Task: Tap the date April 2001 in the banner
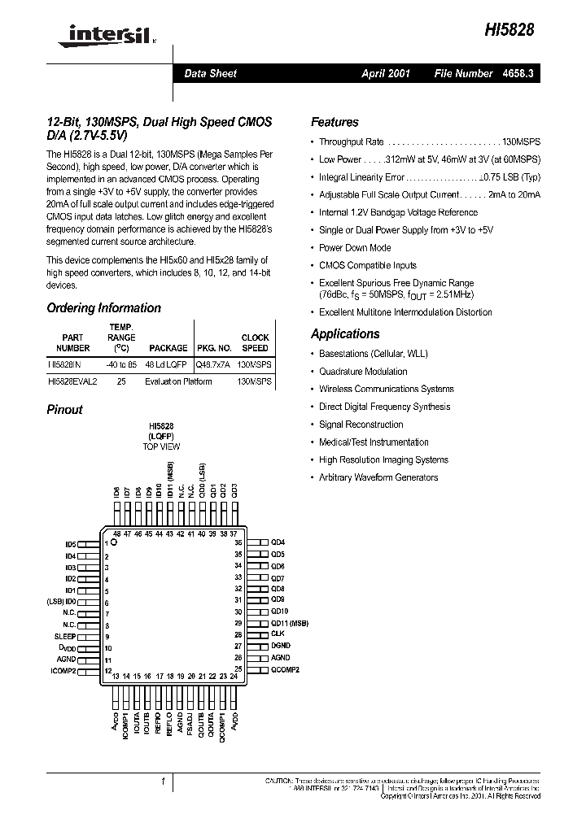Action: (386, 73)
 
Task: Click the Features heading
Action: (335, 122)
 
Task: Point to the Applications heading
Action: (345, 333)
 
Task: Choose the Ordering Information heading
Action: (103, 308)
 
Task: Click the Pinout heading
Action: (64, 410)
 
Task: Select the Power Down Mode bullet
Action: (355, 248)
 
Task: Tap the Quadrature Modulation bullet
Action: (363, 372)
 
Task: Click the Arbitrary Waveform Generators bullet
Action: (378, 477)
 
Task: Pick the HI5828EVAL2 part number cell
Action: (72, 381)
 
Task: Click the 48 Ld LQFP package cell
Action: (166, 364)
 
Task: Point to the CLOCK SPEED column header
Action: (255, 342)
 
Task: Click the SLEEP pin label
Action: (65, 636)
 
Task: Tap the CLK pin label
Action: (278, 634)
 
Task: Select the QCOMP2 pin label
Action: (285, 669)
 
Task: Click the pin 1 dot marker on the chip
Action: (115, 542)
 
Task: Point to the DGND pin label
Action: (281, 646)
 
